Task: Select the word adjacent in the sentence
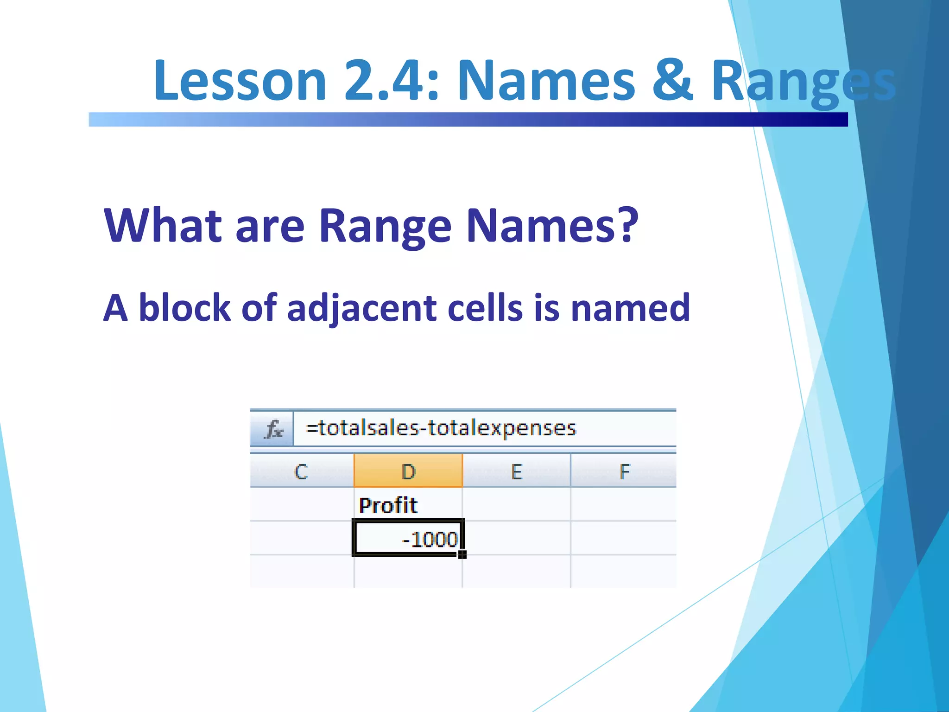tap(361, 309)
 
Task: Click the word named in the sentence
tap(630, 309)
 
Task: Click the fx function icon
tap(273, 429)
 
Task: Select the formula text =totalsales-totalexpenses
tap(441, 428)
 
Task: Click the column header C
tap(301, 472)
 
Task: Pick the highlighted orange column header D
tap(408, 472)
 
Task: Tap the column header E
tap(516, 472)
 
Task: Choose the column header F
tap(624, 472)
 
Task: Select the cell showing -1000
tap(408, 539)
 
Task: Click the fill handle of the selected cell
tap(462, 555)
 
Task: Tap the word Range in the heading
tap(385, 226)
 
